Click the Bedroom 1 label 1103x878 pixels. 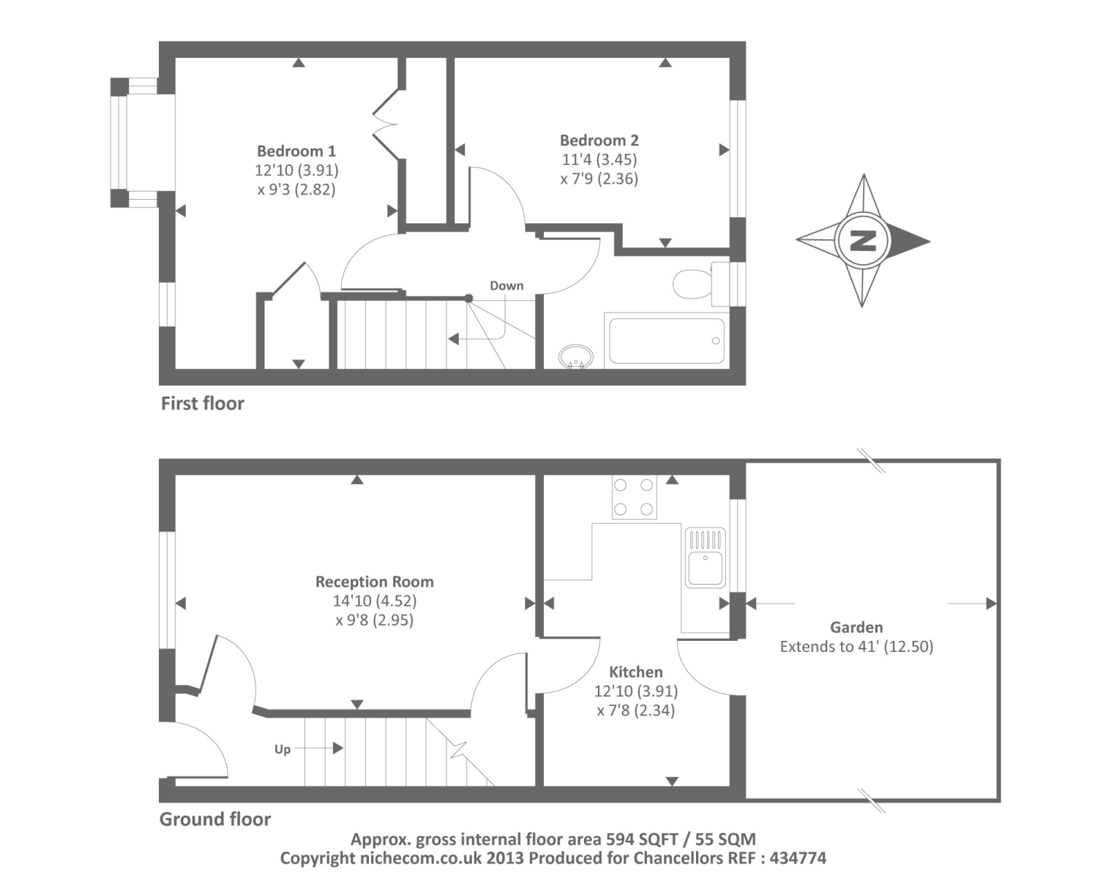pyautogui.click(x=296, y=151)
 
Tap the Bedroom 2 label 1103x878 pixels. pyautogui.click(x=599, y=140)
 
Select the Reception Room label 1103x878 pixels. pyautogui.click(x=375, y=582)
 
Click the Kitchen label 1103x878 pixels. pyautogui.click(x=635, y=672)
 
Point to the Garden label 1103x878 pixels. pyautogui.click(x=856, y=627)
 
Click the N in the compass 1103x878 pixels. pyautogui.click(x=863, y=241)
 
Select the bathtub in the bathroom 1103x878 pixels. pyautogui.click(x=666, y=341)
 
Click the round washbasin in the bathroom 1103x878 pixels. pyautogui.click(x=575, y=357)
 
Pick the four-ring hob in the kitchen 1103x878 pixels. pyautogui.click(x=634, y=497)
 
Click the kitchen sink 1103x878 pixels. pyautogui.click(x=706, y=557)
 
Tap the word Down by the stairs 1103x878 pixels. pyautogui.click(x=506, y=285)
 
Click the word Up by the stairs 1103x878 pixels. pyautogui.click(x=283, y=750)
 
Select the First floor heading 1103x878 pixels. pyautogui.click(x=203, y=403)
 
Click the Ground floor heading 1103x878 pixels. pyautogui.click(x=214, y=819)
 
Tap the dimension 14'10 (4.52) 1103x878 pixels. pyautogui.click(x=375, y=601)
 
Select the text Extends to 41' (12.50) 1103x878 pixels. pyautogui.click(x=856, y=647)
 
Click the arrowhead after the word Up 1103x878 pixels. pyautogui.click(x=337, y=748)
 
